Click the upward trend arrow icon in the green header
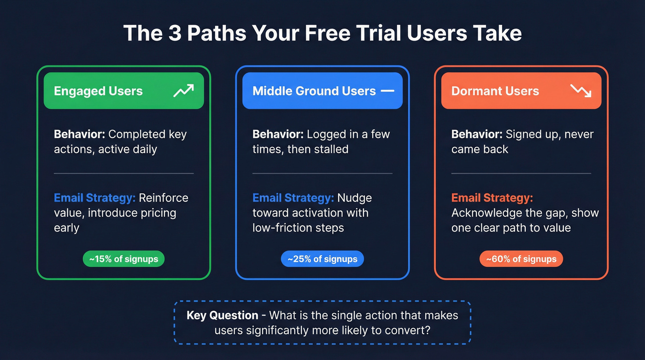coord(183,91)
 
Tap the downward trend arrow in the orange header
coord(580,91)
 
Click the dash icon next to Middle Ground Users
coord(387,91)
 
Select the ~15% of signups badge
coord(123,259)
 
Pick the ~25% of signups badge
coord(322,259)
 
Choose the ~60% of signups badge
coord(521,259)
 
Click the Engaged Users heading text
coord(98,91)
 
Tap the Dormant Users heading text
coord(495,91)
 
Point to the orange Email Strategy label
coord(492,198)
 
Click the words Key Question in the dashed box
coord(222,315)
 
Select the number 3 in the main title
coord(175,34)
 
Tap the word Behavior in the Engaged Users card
coord(79,134)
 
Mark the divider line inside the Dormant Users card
coord(521,173)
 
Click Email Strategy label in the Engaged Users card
coord(94,198)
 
